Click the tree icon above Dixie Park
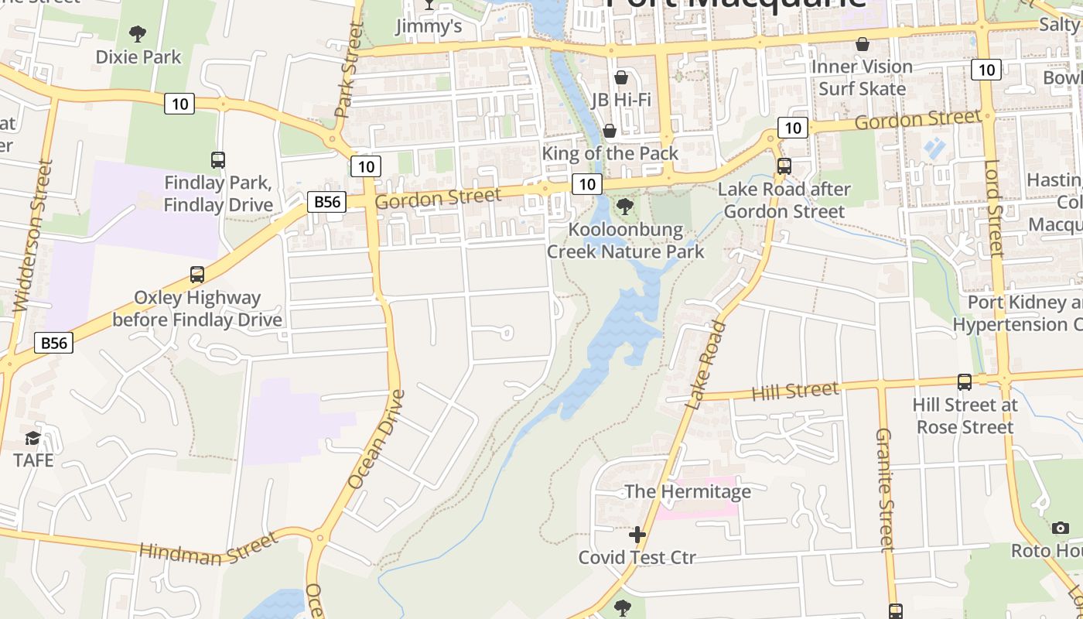click(138, 33)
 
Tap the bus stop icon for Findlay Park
click(218, 160)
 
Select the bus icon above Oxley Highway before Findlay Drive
click(197, 275)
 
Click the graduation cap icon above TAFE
click(32, 439)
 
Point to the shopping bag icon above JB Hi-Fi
click(620, 77)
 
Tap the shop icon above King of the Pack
click(610, 131)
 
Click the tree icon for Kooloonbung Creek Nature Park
click(625, 207)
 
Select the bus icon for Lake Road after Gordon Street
click(784, 166)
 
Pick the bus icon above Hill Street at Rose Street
click(964, 381)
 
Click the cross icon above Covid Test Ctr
click(637, 535)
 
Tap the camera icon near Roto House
click(1060, 528)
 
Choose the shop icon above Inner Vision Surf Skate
click(862, 44)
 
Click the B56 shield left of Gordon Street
click(326, 202)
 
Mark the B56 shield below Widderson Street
click(54, 343)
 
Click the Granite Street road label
click(885, 489)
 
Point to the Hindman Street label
click(207, 548)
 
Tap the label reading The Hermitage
click(687, 491)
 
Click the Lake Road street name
click(706, 364)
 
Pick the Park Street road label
click(349, 70)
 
